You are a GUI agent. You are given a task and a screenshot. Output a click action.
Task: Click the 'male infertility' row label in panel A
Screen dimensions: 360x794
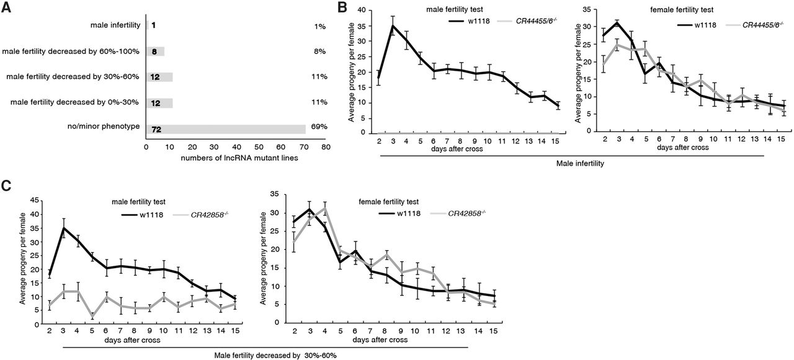coord(114,25)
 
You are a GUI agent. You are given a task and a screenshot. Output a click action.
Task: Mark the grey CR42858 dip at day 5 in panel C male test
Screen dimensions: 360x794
coord(92,317)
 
